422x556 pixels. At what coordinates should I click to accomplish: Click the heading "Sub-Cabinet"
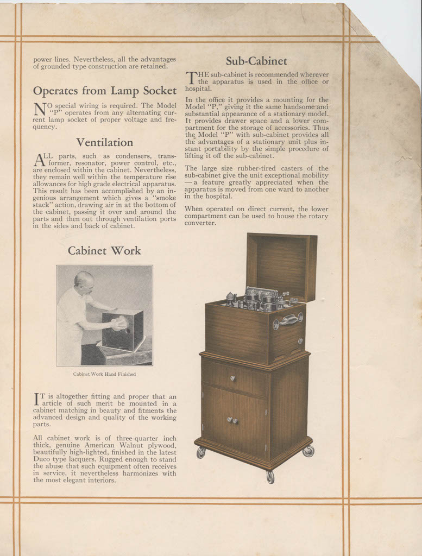click(256, 61)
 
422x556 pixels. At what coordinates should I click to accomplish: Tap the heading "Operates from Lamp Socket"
click(104, 91)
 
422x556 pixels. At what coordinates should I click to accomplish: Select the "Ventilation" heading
click(104, 142)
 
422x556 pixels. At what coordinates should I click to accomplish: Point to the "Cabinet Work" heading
click(104, 250)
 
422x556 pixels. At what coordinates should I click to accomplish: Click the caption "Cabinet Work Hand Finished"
click(104, 374)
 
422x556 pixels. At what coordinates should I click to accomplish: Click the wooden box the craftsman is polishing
click(123, 330)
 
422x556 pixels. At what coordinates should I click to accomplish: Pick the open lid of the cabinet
click(281, 266)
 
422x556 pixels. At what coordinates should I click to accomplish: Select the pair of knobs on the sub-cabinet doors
click(232, 420)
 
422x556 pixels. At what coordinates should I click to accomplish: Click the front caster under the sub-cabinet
click(270, 477)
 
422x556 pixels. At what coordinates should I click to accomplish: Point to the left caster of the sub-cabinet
click(201, 452)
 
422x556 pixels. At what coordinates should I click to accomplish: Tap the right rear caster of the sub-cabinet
click(308, 451)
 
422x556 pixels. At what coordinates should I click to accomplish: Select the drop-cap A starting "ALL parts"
click(39, 160)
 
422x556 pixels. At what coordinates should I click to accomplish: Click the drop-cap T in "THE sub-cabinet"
click(191, 78)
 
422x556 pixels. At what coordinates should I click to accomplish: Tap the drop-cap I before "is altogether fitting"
click(37, 400)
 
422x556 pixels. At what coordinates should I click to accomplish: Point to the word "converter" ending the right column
click(200, 223)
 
